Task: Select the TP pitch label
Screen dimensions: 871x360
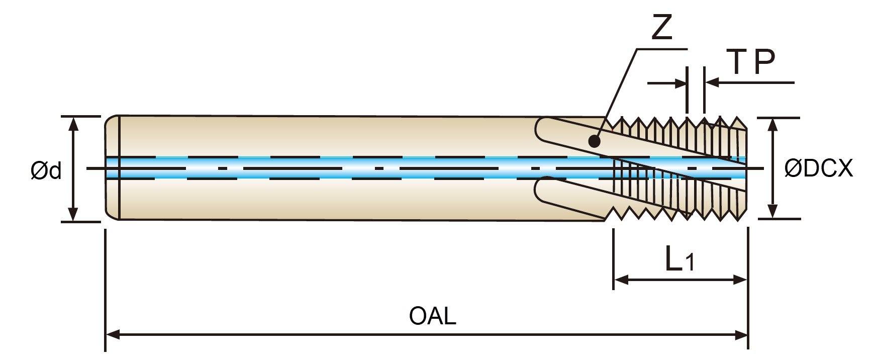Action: point(752,62)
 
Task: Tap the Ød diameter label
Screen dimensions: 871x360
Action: point(46,170)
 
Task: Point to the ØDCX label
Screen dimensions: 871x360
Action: point(818,168)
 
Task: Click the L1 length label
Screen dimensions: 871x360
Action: point(680,259)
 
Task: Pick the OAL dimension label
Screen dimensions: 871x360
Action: point(432,316)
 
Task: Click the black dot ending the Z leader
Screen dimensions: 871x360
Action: point(594,141)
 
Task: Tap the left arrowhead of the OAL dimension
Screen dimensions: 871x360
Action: point(113,334)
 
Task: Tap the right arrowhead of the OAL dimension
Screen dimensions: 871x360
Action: point(741,334)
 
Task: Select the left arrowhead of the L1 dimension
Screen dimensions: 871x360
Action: point(621,280)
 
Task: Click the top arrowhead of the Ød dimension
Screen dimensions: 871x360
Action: point(74,124)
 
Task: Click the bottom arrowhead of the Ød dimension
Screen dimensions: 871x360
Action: point(74,214)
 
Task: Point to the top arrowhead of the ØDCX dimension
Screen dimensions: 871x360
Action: point(773,125)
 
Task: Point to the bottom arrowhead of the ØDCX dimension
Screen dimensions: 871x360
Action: point(773,211)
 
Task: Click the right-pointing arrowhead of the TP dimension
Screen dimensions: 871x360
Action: point(680,82)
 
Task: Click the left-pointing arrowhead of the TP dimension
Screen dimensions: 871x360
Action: point(712,82)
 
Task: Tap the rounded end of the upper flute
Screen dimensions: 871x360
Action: point(540,130)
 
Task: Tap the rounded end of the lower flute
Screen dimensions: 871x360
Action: point(540,190)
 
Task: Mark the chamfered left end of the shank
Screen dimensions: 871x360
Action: point(112,167)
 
